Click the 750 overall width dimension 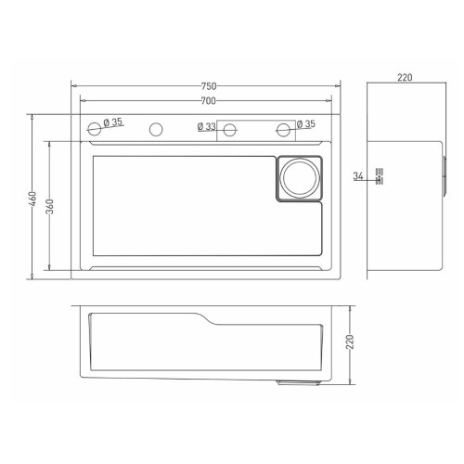209,86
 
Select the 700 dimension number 209,101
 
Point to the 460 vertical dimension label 32,199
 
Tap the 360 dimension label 49,206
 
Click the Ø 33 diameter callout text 207,126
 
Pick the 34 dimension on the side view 358,176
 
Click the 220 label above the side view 405,77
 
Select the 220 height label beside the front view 350,342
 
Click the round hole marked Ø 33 229,130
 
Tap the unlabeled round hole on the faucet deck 156,129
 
